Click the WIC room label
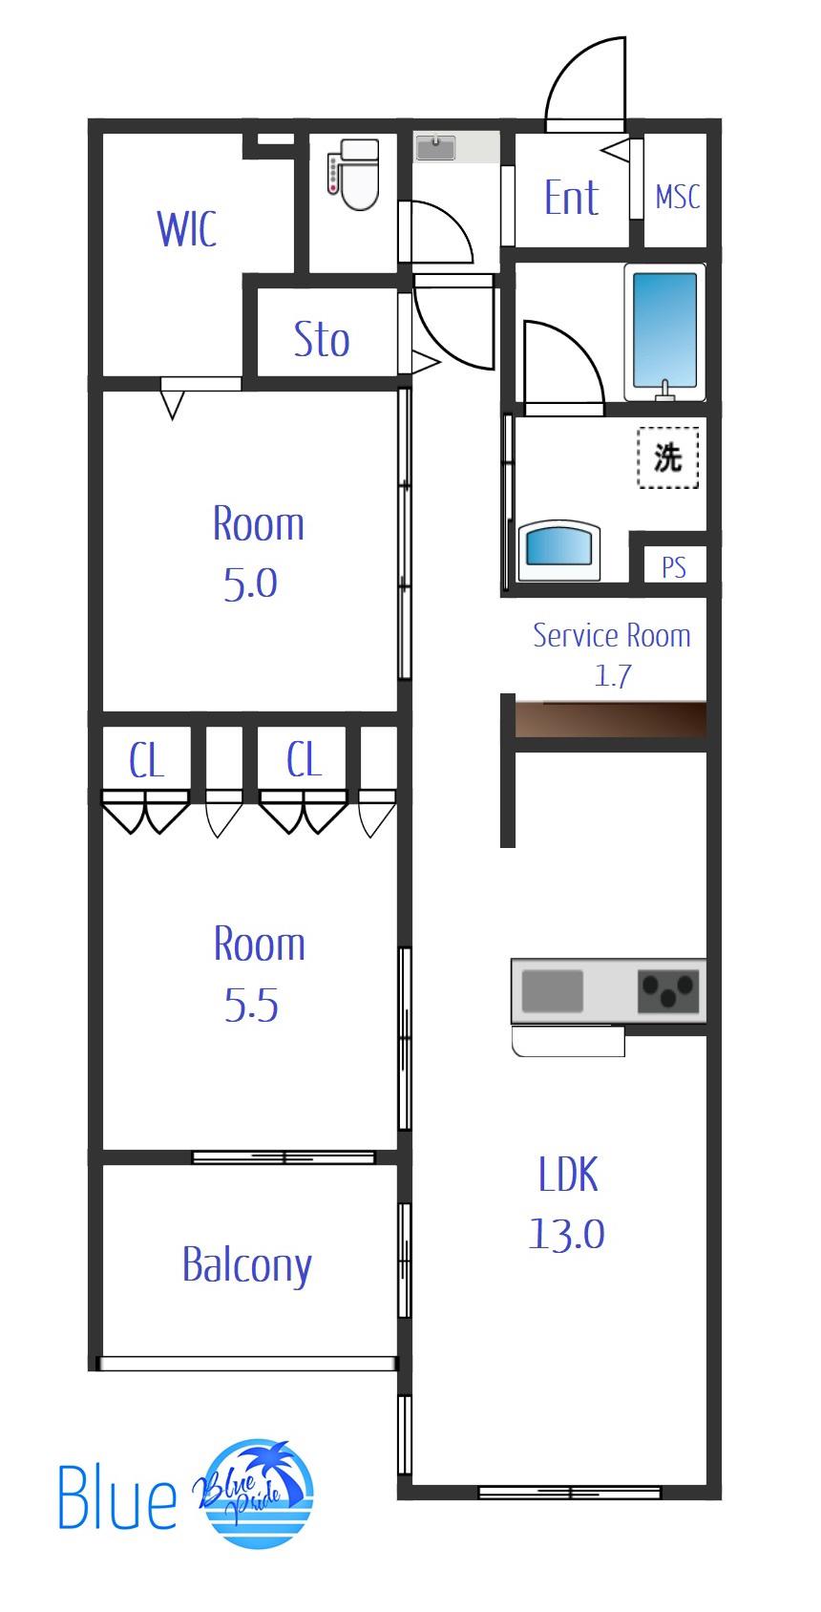(x=187, y=229)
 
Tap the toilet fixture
(x=353, y=174)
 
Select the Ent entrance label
(x=571, y=198)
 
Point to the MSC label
(x=678, y=197)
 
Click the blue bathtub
(x=664, y=331)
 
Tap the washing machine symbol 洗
(x=667, y=457)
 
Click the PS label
(x=674, y=567)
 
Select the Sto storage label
(x=322, y=339)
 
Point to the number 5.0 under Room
(x=250, y=583)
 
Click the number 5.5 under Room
(x=251, y=1005)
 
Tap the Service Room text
(x=612, y=635)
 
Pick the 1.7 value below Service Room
(x=613, y=675)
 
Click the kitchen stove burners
(x=668, y=991)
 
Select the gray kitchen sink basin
(x=553, y=991)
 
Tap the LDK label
(x=568, y=1174)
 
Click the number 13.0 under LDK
(x=567, y=1234)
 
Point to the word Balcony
(x=247, y=1266)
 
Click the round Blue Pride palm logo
(x=256, y=1493)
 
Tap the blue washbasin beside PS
(x=559, y=550)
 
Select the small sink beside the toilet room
(x=436, y=147)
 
